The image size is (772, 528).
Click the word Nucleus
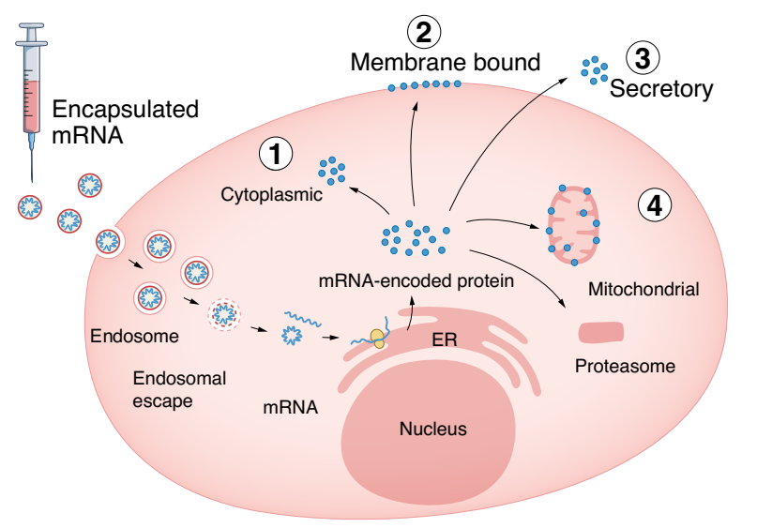tap(432, 430)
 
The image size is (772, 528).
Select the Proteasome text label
tap(624, 366)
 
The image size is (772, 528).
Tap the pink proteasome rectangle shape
tap(601, 332)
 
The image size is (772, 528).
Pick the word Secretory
tap(661, 89)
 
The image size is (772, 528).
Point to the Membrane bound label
tap(446, 63)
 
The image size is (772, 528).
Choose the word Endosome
tap(128, 335)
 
